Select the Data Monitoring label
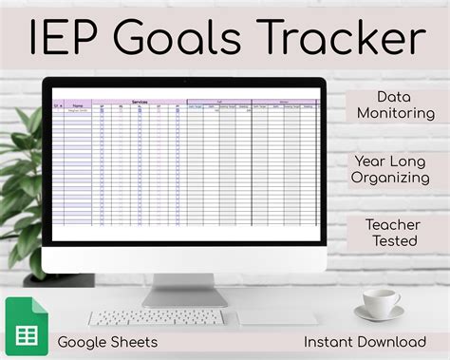(x=400, y=105)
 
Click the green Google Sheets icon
(x=25, y=323)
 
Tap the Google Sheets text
(x=107, y=341)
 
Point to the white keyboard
(x=158, y=317)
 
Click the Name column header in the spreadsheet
(x=78, y=106)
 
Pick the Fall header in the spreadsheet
(x=218, y=101)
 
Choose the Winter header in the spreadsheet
(x=283, y=101)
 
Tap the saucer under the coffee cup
(x=380, y=314)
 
